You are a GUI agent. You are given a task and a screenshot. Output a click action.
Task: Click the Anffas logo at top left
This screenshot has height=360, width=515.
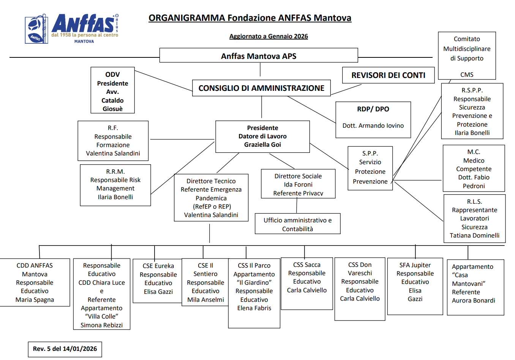coord(72,29)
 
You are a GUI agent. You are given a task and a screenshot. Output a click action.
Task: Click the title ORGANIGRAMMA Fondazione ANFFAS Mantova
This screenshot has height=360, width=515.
coord(250,18)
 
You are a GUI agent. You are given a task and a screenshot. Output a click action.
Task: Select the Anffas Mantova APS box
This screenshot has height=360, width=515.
coord(259,55)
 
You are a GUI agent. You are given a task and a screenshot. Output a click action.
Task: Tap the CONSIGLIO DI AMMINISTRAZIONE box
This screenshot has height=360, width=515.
coord(261,88)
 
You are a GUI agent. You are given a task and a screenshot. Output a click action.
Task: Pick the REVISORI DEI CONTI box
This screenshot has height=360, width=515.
coord(388,75)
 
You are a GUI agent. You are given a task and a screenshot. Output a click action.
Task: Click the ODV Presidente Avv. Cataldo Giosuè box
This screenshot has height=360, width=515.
coord(113,90)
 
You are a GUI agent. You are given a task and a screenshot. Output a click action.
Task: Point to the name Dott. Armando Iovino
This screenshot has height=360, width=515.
coord(373,125)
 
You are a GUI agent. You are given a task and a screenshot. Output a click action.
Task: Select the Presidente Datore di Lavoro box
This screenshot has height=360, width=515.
coord(262,136)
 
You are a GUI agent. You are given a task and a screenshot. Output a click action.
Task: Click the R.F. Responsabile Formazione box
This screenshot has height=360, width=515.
coord(113,141)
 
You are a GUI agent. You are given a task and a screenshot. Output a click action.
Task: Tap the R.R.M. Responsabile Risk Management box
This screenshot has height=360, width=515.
coord(115,185)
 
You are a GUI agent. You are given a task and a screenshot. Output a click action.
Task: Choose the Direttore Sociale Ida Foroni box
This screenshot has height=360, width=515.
coord(298,184)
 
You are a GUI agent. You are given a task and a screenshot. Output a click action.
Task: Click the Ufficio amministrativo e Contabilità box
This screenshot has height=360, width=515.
coord(298,224)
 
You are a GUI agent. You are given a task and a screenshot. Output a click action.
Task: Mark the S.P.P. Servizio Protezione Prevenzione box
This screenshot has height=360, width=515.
coord(370,168)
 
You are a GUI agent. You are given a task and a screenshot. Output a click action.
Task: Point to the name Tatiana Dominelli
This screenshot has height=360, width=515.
coord(474,235)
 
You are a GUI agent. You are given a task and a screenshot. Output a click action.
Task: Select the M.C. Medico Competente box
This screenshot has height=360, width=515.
coord(474,168)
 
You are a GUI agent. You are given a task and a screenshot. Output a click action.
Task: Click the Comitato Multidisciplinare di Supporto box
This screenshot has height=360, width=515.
coord(467,56)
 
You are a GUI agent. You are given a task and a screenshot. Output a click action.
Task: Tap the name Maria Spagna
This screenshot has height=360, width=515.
coord(35,300)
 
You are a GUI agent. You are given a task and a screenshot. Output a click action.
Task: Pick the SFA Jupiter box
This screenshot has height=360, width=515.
coord(415,286)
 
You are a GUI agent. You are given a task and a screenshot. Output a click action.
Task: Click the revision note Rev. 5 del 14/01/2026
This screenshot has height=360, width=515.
coord(65,349)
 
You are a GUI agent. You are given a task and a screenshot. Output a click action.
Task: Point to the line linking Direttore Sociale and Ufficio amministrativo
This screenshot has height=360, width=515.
coord(297,206)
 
